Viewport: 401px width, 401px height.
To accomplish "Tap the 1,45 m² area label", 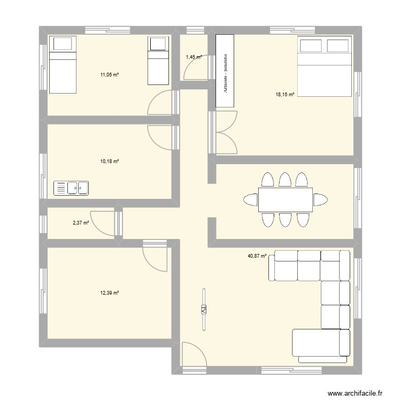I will click(x=194, y=56).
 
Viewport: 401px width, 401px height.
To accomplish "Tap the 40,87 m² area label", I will click(x=257, y=256).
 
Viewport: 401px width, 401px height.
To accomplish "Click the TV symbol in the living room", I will click(x=204, y=310).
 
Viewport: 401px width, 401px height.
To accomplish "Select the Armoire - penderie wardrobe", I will click(x=225, y=71).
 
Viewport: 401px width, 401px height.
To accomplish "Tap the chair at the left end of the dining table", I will click(x=250, y=200).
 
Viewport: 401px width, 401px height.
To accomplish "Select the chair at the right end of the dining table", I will click(x=320, y=200).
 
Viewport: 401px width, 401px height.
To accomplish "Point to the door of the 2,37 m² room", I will click(x=102, y=221).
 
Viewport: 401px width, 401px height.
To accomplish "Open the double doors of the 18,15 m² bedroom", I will click(x=226, y=131).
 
